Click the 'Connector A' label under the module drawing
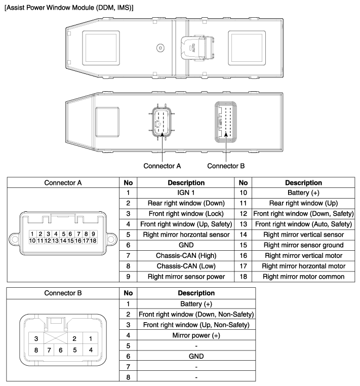pyautogui.click(x=162, y=165)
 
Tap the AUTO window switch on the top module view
pyautogui.click(x=193, y=47)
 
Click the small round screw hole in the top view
pyautogui.click(x=161, y=48)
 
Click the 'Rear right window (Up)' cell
pyautogui.click(x=304, y=204)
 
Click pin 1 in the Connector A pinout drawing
pyautogui.click(x=32, y=234)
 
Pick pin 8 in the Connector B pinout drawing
pyautogui.click(x=36, y=349)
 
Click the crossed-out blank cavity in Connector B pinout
pyautogui.click(x=55, y=338)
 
